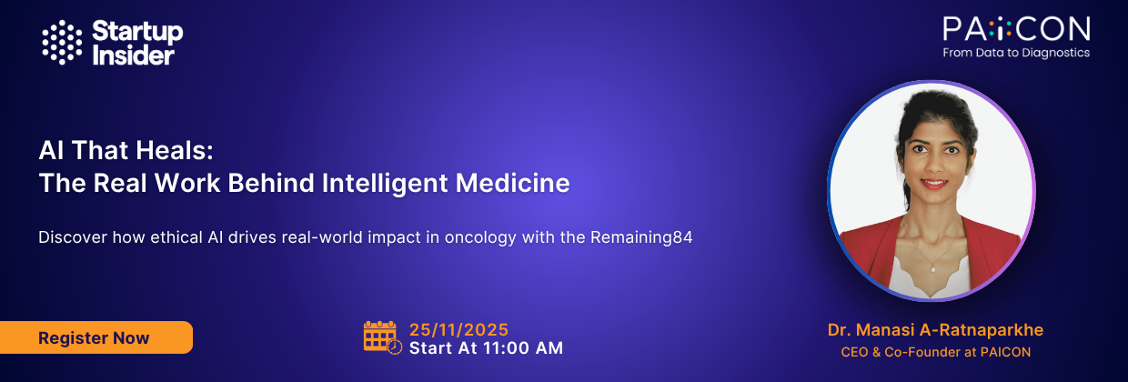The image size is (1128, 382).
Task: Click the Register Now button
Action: tap(94, 337)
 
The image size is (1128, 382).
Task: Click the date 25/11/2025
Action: tap(458, 329)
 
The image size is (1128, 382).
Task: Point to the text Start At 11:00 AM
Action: tap(486, 347)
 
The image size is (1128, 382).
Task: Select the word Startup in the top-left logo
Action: tap(137, 32)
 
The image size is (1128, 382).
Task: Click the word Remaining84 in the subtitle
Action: tap(649, 237)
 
